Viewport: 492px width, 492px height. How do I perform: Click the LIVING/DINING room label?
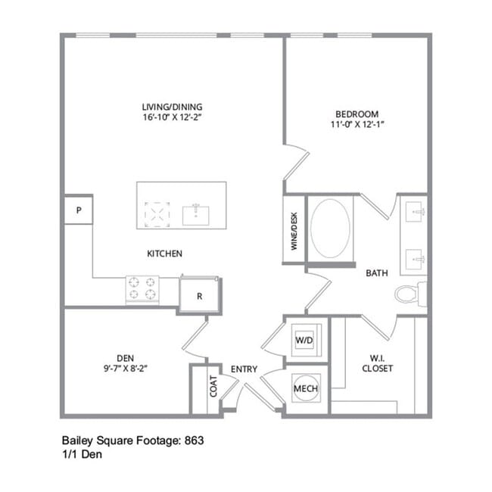[172, 107]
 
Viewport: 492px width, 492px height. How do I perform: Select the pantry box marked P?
[78, 210]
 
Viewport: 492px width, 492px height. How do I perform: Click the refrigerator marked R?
[200, 296]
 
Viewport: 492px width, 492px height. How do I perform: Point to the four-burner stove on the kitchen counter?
[142, 289]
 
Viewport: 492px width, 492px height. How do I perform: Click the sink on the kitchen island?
[195, 213]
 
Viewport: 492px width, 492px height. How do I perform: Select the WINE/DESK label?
[294, 231]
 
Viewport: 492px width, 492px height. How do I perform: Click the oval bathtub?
[329, 228]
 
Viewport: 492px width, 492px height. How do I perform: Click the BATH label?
[377, 273]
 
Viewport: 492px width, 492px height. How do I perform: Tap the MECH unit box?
[306, 388]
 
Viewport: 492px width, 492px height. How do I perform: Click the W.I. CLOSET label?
[377, 363]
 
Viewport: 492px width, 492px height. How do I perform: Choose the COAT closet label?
[213, 387]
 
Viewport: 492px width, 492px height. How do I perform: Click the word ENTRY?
[244, 369]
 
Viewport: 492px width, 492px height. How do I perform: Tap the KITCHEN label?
[164, 254]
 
